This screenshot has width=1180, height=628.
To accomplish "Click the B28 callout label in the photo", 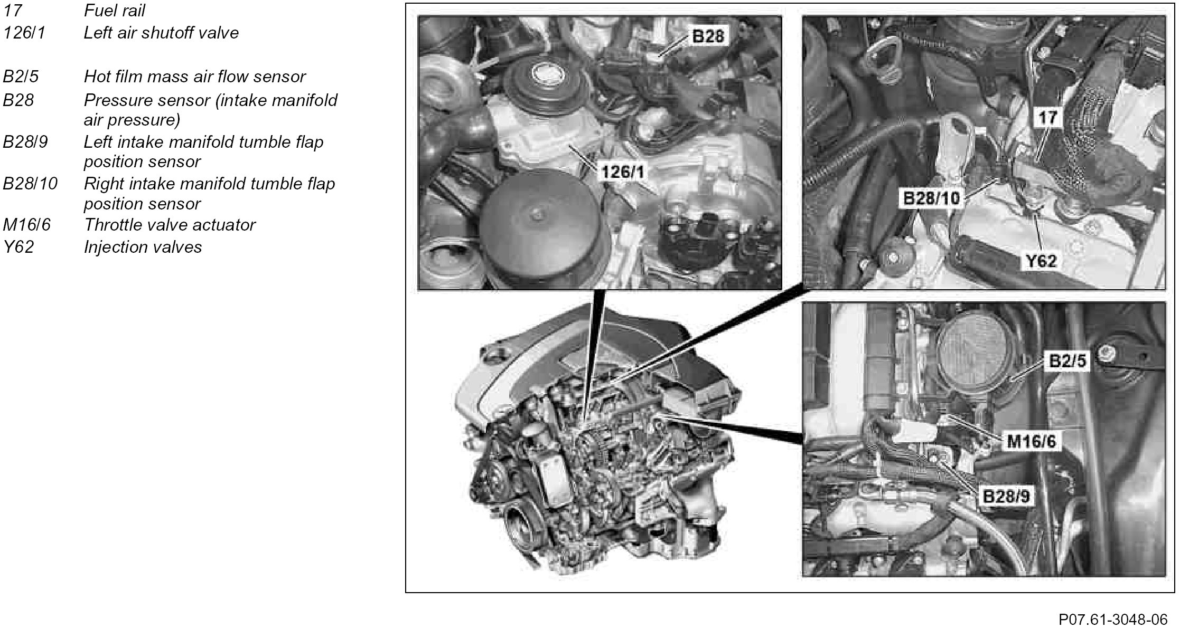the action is click(709, 36).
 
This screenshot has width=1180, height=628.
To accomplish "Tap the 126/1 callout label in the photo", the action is click(623, 172).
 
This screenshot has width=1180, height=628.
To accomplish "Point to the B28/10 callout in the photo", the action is click(931, 198).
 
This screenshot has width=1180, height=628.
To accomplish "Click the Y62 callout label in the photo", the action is click(1041, 260).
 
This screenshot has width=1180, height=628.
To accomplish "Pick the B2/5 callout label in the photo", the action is click(1067, 361).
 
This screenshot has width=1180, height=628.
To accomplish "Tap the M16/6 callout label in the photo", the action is click(1031, 441).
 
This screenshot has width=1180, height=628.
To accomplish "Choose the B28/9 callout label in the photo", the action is click(1006, 497).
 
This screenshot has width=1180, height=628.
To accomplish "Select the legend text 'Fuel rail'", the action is click(114, 11).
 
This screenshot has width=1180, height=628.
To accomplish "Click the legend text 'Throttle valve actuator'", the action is click(170, 225).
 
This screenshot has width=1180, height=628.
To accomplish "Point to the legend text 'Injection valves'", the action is click(143, 247).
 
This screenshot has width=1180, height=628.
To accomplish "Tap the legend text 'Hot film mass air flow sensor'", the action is click(194, 77).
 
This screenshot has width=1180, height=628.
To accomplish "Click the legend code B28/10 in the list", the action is click(30, 184).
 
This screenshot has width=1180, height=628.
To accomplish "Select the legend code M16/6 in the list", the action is click(27, 225).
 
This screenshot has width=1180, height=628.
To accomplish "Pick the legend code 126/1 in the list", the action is click(24, 33).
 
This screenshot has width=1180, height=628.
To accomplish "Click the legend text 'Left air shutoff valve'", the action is click(161, 33).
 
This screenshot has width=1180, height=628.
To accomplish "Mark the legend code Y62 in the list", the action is click(18, 247).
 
